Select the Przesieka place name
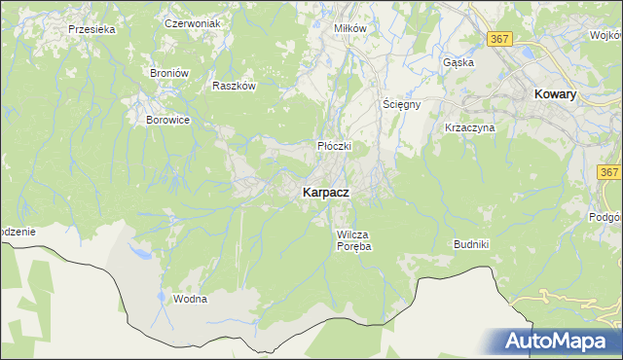pyautogui.click(x=92, y=29)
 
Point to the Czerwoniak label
pyautogui.click(x=194, y=22)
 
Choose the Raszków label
pyautogui.click(x=234, y=86)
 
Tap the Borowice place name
pyautogui.click(x=166, y=120)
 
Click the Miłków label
pyautogui.click(x=350, y=28)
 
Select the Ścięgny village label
pyautogui.click(x=401, y=105)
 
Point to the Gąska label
pyautogui.click(x=458, y=62)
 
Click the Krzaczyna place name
pyautogui.click(x=470, y=127)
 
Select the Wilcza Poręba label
pyautogui.click(x=354, y=240)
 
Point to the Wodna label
pyautogui.click(x=190, y=299)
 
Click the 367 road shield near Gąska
pyautogui.click(x=500, y=39)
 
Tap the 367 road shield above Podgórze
pyautogui.click(x=610, y=172)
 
